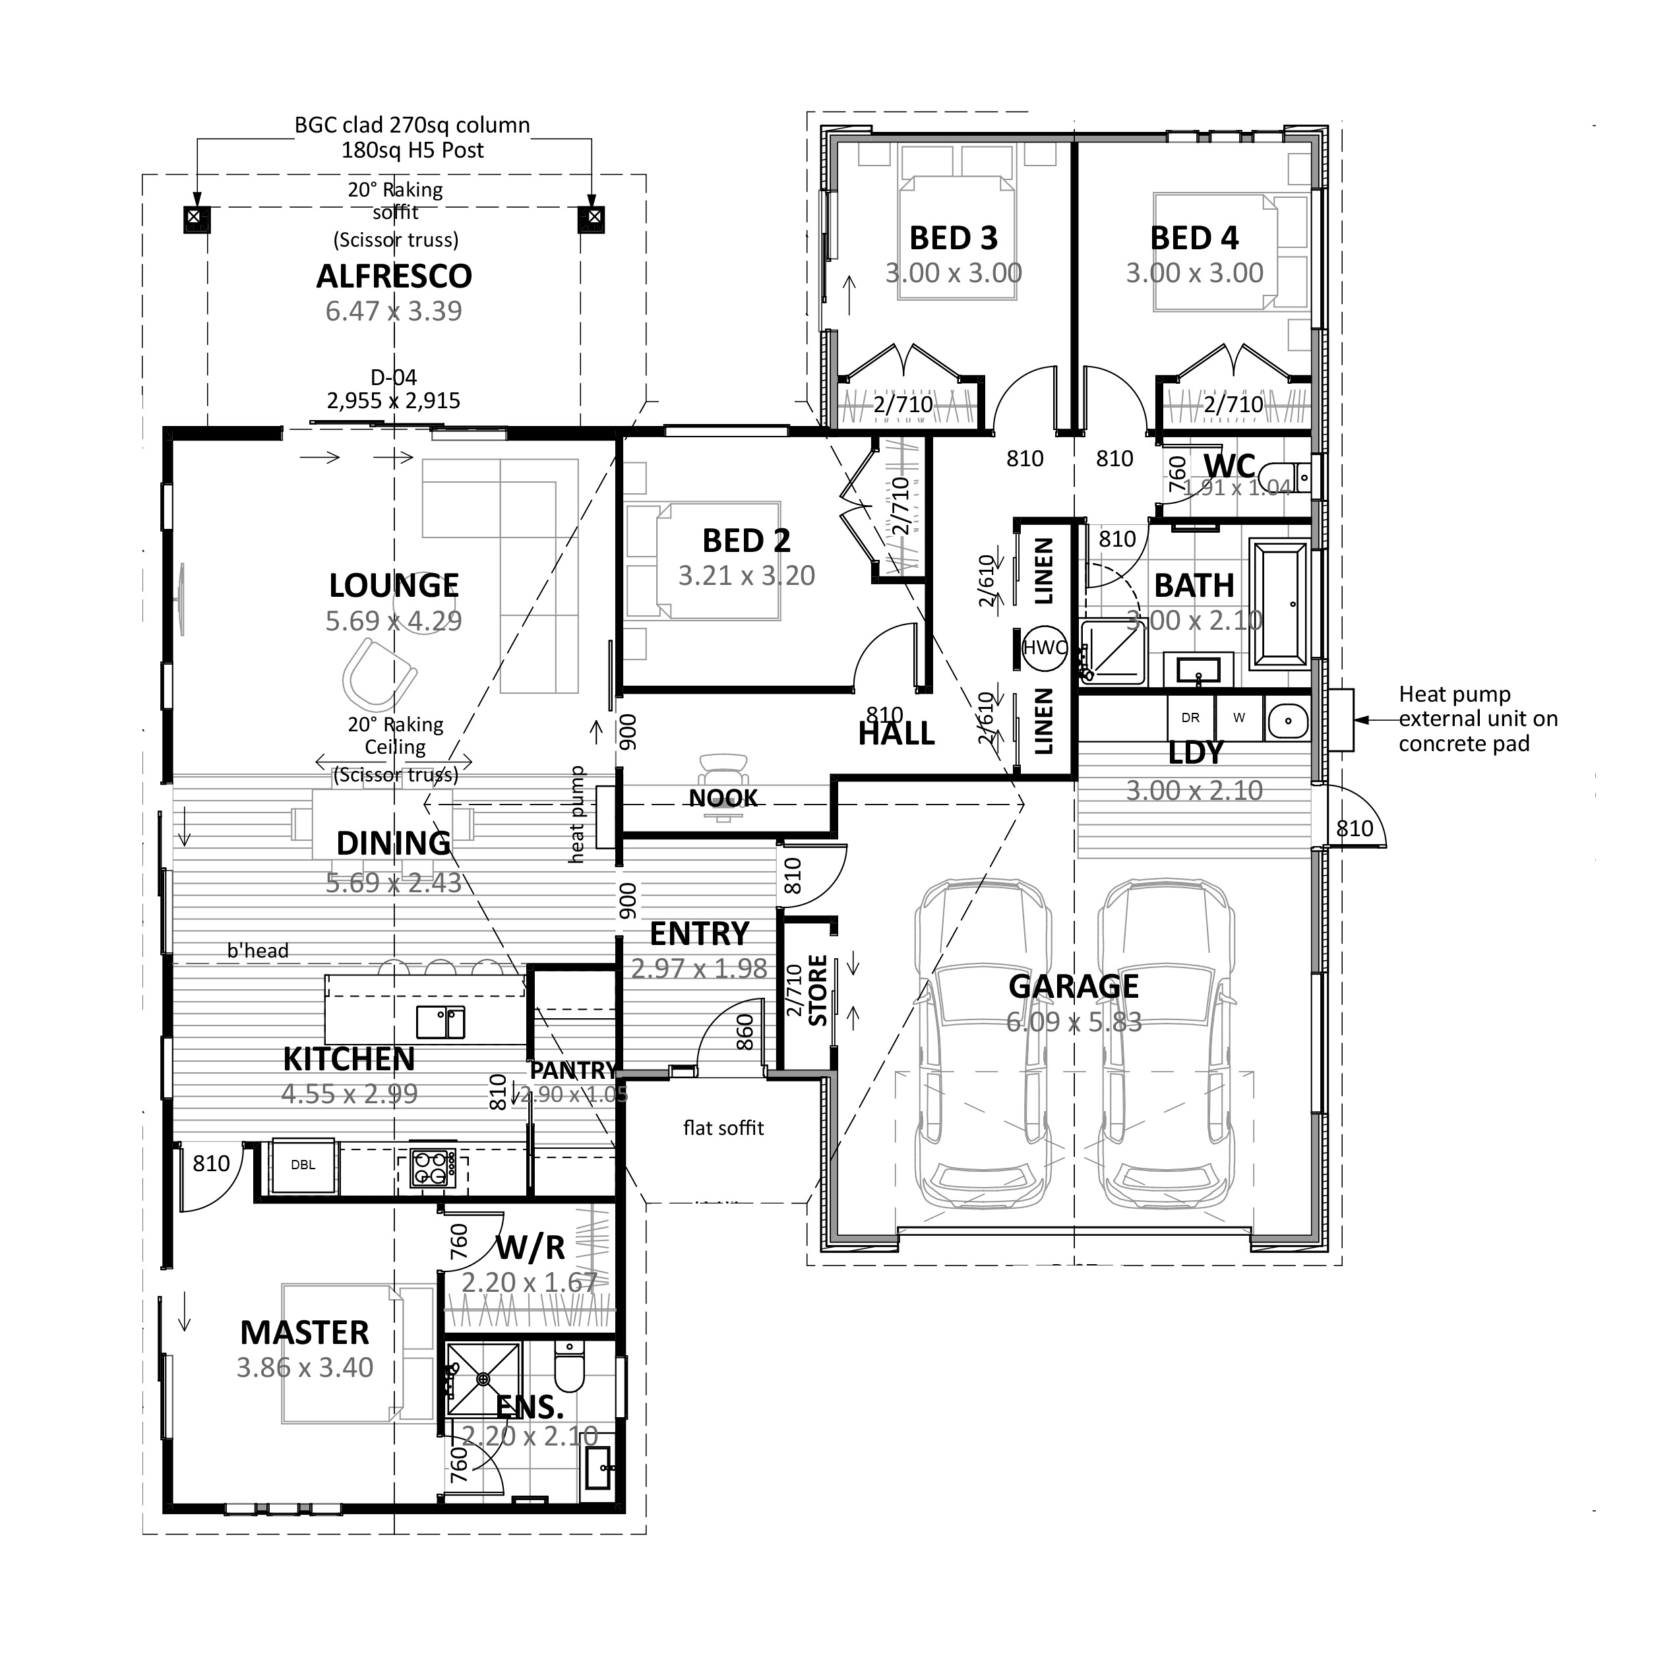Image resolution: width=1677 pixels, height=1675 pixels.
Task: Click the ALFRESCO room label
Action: pos(394,276)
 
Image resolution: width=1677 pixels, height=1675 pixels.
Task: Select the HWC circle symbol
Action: pos(1044,648)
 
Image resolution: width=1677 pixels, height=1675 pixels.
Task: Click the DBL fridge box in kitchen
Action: pos(303,1165)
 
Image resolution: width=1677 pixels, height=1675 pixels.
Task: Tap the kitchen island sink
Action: pos(440,1021)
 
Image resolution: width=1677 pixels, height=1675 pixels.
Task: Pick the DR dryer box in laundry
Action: pos(1190,717)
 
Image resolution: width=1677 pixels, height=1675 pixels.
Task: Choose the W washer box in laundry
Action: pos(1238,717)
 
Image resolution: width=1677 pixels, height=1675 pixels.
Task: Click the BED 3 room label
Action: pos(953,238)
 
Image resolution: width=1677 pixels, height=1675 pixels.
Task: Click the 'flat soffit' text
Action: pos(723,1128)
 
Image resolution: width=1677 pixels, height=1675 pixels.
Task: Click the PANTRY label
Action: pos(573,1070)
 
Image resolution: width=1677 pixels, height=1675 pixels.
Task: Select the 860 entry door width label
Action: pos(745,1032)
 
